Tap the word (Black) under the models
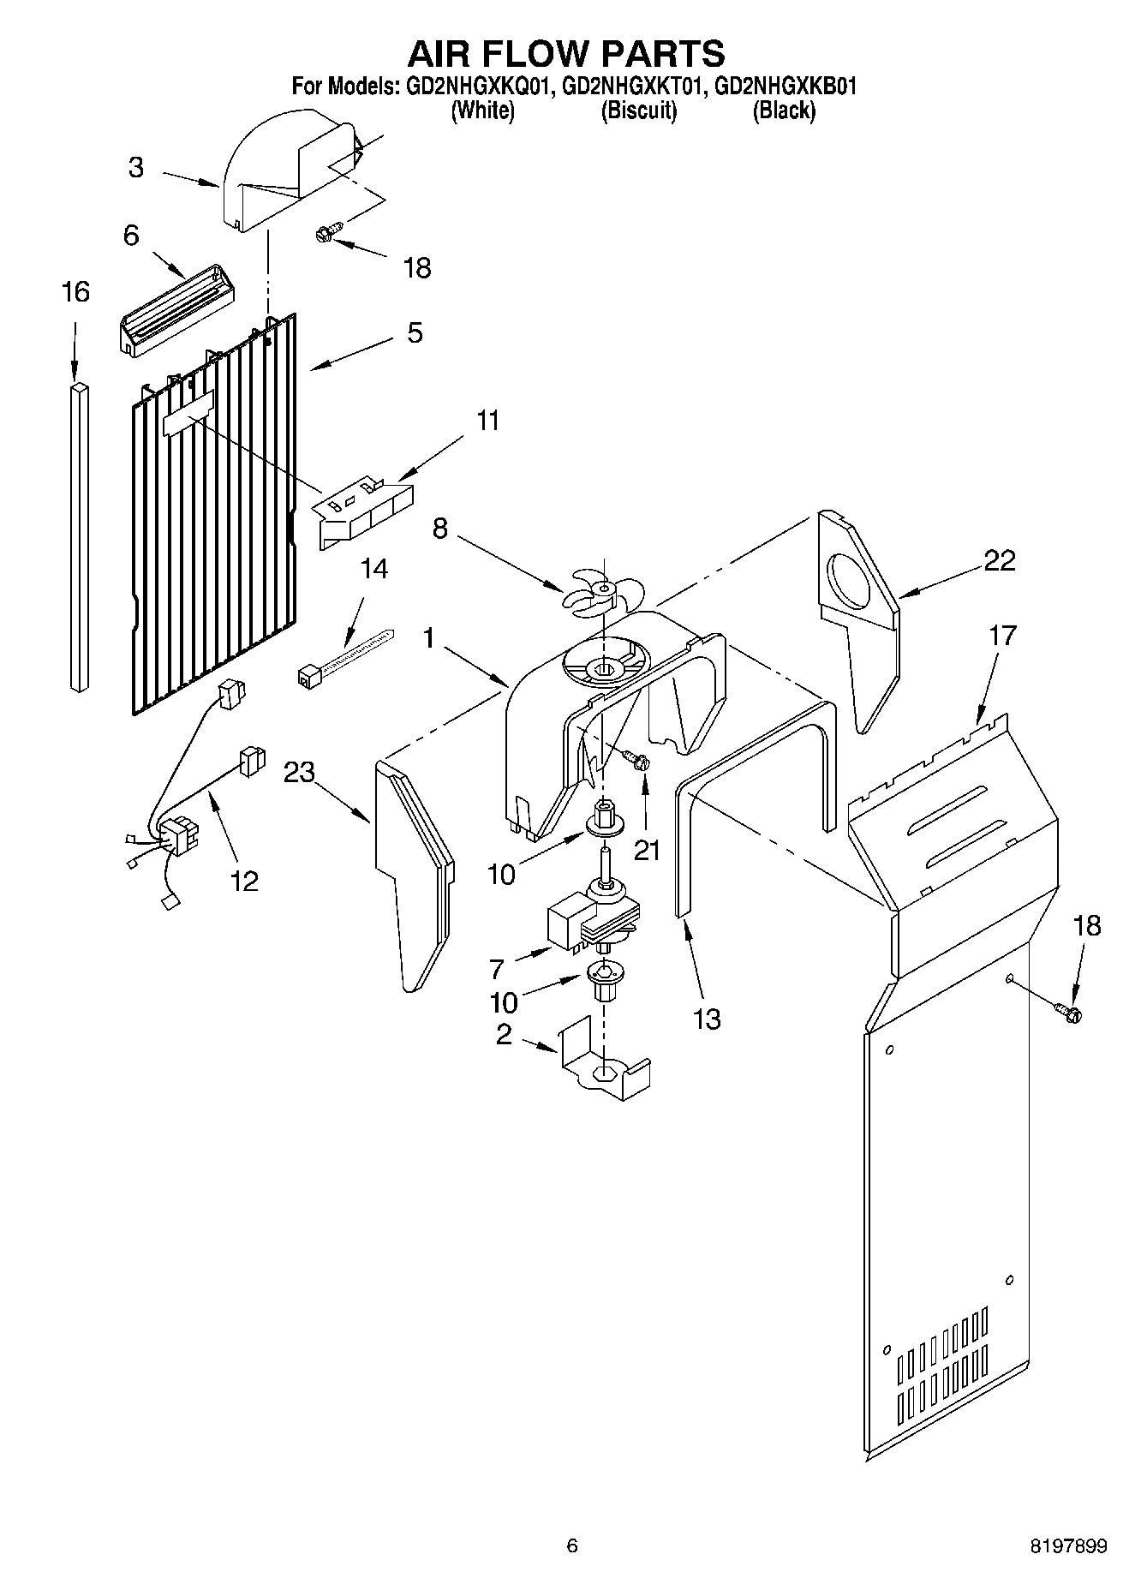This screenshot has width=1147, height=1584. click(783, 111)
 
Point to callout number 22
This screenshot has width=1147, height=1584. click(999, 560)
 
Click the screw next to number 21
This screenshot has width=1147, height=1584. click(636, 758)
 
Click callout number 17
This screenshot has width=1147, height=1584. click(1002, 636)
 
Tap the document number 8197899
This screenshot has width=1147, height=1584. click(1067, 1545)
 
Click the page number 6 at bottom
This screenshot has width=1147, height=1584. click(572, 1545)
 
